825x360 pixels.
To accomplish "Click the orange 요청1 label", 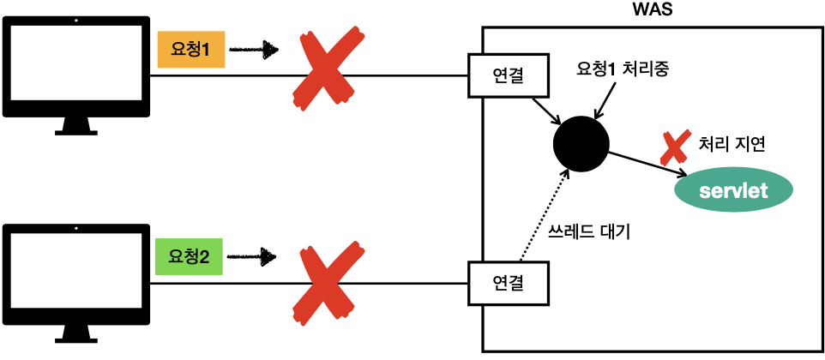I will point(190,51).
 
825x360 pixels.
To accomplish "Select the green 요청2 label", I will point(190,255).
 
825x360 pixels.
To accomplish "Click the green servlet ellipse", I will point(733,190).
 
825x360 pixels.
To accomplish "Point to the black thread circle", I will point(581,142).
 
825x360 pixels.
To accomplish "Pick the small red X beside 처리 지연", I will point(675,147).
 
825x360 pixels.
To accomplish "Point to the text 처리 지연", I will point(732,144).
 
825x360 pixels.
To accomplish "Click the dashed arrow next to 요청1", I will point(257,51).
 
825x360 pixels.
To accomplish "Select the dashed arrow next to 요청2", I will point(257,255).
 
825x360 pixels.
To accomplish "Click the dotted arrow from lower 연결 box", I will point(542,214).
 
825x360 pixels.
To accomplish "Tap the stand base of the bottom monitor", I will point(76,339).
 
